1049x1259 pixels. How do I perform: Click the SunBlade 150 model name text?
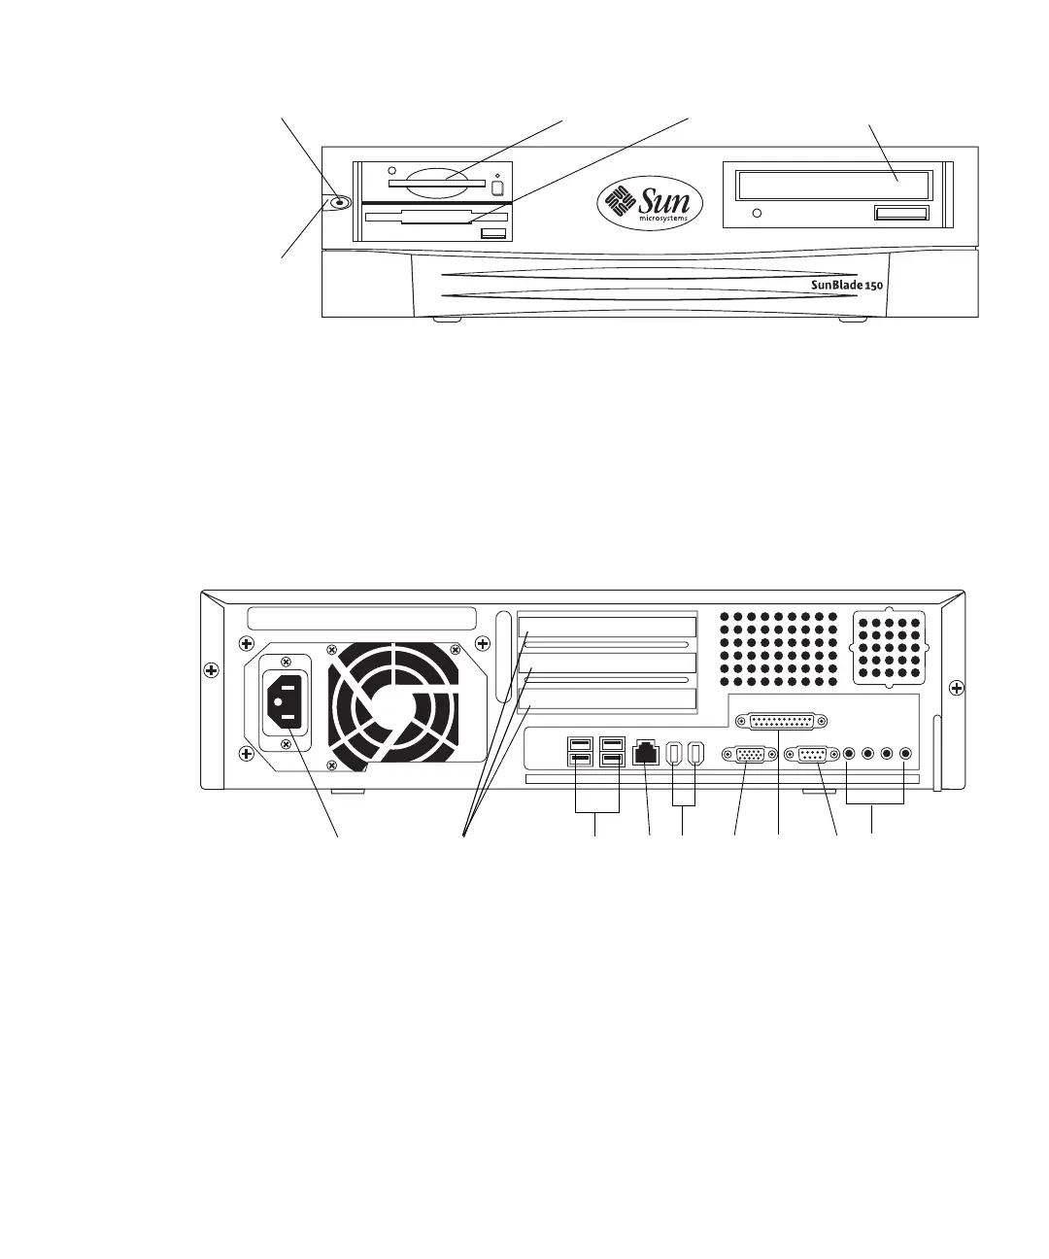point(846,285)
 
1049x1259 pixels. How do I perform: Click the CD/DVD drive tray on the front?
point(833,185)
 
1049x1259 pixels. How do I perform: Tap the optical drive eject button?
point(900,213)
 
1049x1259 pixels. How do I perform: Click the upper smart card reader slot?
point(436,182)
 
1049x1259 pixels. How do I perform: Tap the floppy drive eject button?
point(492,234)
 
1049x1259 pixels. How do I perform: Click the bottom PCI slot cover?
point(607,699)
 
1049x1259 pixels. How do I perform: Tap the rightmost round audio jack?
point(905,753)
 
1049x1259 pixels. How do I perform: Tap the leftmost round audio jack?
point(850,753)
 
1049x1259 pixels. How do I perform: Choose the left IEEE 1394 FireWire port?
point(676,754)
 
